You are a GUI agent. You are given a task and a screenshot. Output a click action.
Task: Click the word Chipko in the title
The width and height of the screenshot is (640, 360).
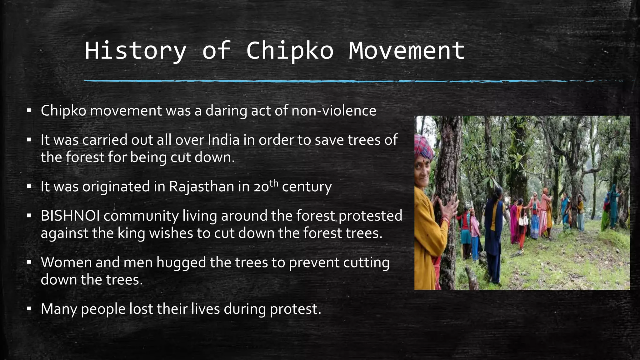(x=290, y=51)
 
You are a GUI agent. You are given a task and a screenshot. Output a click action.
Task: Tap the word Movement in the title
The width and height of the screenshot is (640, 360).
(x=407, y=51)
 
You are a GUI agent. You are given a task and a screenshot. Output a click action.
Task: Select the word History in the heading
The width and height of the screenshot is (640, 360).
(x=136, y=51)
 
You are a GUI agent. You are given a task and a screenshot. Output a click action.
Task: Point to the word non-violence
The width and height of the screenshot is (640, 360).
(x=333, y=111)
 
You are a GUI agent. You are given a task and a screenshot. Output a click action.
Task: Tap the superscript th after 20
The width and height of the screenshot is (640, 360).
(x=273, y=183)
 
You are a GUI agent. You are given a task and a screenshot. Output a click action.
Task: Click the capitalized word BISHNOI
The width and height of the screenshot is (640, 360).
(x=70, y=216)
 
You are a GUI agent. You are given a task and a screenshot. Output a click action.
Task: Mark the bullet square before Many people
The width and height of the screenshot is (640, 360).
(x=29, y=309)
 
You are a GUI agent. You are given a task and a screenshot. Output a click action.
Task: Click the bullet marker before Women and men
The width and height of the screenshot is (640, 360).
(x=29, y=262)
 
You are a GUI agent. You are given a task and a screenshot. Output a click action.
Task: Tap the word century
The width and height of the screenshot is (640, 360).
(x=307, y=187)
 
